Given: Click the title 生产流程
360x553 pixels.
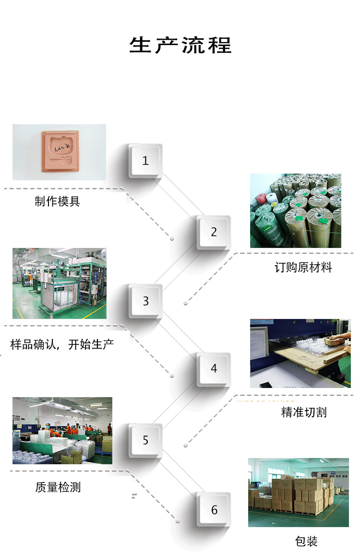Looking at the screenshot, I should (x=180, y=45).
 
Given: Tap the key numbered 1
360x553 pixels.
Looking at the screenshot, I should (x=145, y=161).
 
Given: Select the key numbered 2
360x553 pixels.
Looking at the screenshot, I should (x=214, y=232).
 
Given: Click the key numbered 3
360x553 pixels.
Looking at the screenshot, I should (x=145, y=301).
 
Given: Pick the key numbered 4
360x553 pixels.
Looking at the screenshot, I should (x=214, y=368).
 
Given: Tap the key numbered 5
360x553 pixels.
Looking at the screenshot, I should (x=145, y=440).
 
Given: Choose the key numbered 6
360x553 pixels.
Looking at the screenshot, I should (x=214, y=510).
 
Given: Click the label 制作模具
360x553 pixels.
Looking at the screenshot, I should (x=57, y=201).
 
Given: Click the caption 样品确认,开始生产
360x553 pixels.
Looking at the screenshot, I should (x=62, y=344).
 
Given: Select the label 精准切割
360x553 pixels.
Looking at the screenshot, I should (x=303, y=412).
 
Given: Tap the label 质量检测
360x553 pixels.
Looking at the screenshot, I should (x=58, y=487).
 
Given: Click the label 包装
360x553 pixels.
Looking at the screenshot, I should (x=306, y=541).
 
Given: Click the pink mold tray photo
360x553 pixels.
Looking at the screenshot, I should (x=59, y=152).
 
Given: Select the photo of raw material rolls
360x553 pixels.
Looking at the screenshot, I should (x=295, y=211).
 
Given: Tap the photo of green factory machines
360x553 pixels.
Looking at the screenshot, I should (x=59, y=283).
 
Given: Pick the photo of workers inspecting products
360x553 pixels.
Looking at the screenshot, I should (x=62, y=430).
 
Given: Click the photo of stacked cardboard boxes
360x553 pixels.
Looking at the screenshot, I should (x=298, y=492).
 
